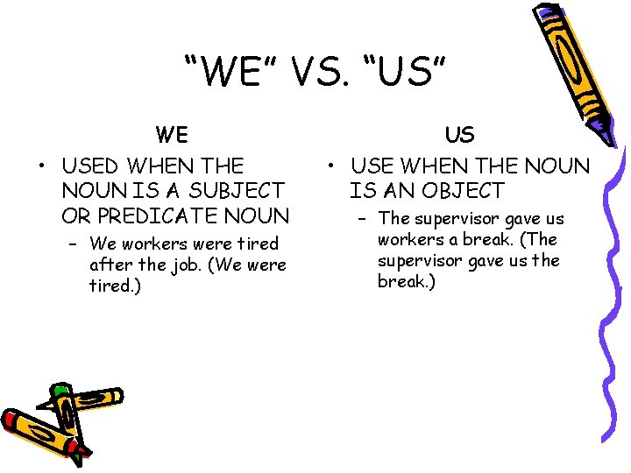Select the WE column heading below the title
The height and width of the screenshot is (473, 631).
tap(172, 135)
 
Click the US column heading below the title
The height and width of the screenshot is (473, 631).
tap(460, 135)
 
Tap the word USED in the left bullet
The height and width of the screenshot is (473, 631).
tap(92, 165)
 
